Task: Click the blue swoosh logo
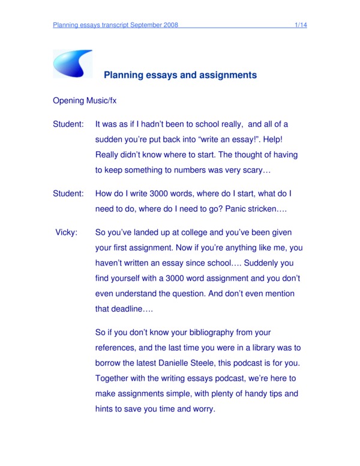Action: pos(73,64)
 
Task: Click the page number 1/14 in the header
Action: pos(301,25)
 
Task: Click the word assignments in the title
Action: pos(225,76)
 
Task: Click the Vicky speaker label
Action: pos(66,232)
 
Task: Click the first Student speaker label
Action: pos(68,124)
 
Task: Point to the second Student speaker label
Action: pos(68,194)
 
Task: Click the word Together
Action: pos(115,379)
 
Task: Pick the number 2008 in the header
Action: pos(170,25)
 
